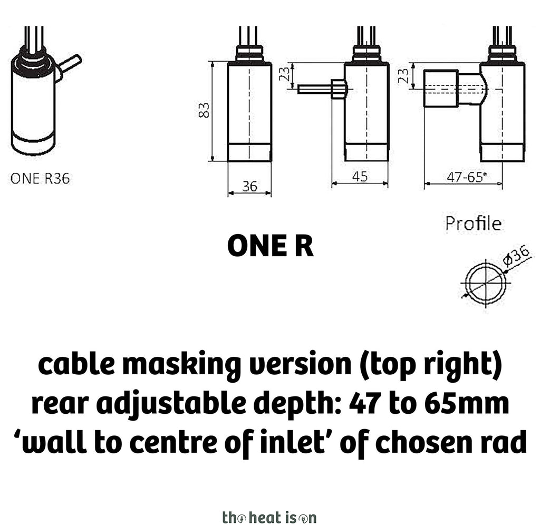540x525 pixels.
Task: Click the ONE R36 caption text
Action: point(40,178)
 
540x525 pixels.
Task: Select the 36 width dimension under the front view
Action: point(249,186)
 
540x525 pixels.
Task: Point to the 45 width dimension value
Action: point(360,177)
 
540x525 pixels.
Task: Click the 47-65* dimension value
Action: point(467,177)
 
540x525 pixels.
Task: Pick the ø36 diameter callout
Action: point(517,255)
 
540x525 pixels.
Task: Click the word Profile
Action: point(473,223)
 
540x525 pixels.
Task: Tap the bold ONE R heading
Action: point(271,246)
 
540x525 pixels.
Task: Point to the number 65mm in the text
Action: point(466,403)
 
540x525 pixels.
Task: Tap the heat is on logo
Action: point(269,517)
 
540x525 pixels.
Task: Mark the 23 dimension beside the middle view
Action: point(284,74)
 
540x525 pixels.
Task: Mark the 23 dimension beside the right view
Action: point(403,76)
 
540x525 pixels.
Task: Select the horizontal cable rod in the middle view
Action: point(315,89)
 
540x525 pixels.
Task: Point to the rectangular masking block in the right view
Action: point(441,89)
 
